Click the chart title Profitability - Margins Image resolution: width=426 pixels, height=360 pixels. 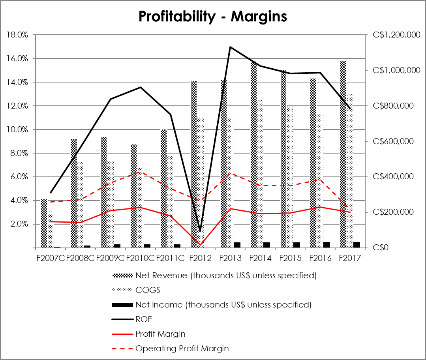(212, 17)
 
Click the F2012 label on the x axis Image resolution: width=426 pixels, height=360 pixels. (200, 259)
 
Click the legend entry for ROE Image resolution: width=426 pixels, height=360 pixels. (144, 319)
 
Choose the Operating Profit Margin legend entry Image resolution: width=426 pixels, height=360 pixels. (182, 349)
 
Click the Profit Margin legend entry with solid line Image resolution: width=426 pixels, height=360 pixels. (160, 334)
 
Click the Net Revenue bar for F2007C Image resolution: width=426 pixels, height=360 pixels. (44, 223)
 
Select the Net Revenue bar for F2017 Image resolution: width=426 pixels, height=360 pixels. (343, 154)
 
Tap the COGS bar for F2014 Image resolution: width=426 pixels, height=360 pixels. (260, 174)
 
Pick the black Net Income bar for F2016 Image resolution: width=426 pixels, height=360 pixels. (327, 245)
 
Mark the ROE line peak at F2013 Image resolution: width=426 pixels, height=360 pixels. (230, 47)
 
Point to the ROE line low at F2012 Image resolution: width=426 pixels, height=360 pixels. (200, 231)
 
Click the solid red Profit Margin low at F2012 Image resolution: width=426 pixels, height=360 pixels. (200, 245)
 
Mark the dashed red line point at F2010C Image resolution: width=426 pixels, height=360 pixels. (141, 171)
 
